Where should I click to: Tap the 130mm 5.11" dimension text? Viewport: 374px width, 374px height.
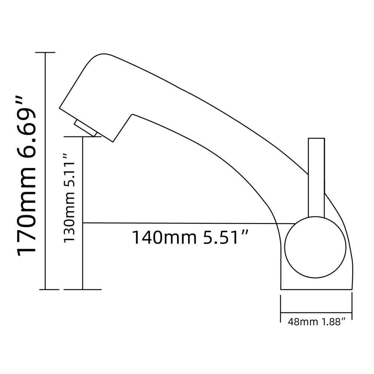pyautogui.click(x=70, y=198)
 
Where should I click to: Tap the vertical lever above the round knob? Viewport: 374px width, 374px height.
pyautogui.click(x=316, y=176)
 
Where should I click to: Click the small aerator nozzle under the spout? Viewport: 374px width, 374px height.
pyautogui.click(x=86, y=128)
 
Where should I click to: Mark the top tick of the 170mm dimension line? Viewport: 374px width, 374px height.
pyautogui.click(x=45, y=53)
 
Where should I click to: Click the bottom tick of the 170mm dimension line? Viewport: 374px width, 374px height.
pyautogui.click(x=45, y=289)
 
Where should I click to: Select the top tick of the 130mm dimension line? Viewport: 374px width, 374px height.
pyautogui.click(x=83, y=137)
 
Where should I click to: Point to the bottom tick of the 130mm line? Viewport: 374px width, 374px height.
pyautogui.click(x=83, y=289)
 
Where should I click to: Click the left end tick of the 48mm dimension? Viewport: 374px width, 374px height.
pyautogui.click(x=281, y=309)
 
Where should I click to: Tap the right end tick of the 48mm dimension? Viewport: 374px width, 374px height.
pyautogui.click(x=352, y=309)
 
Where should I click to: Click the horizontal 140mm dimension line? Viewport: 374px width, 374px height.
pyautogui.click(x=187, y=223)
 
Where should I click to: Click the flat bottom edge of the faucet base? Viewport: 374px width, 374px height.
pyautogui.click(x=316, y=289)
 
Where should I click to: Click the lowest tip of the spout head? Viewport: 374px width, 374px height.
pyautogui.click(x=112, y=142)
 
